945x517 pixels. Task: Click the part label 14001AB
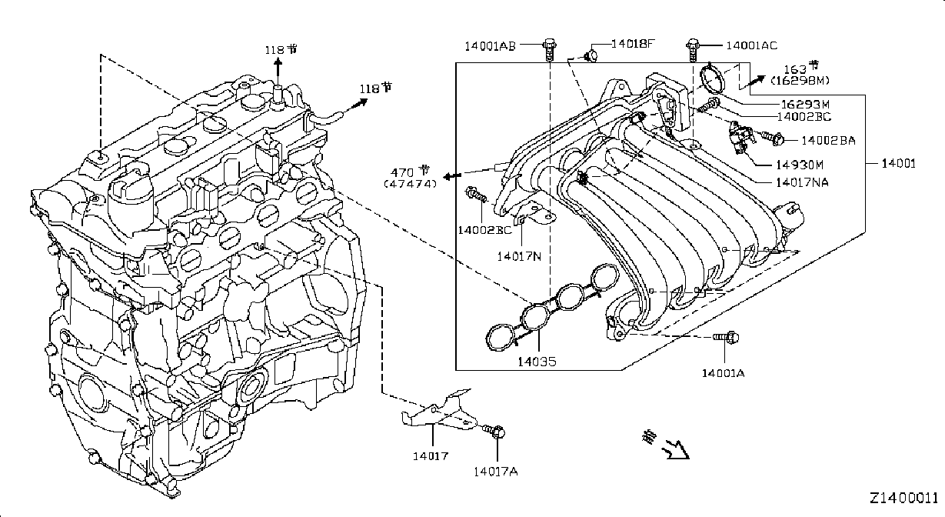point(491,46)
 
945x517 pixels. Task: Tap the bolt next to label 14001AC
point(693,50)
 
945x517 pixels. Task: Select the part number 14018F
point(634,43)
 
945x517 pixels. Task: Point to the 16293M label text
point(805,104)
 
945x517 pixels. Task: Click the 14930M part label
point(800,165)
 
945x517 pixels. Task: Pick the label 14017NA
point(803,182)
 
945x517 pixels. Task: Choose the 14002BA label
point(829,141)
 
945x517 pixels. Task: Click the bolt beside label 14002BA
point(773,138)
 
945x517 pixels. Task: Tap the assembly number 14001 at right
point(899,163)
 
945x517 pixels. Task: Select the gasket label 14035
point(537,362)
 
